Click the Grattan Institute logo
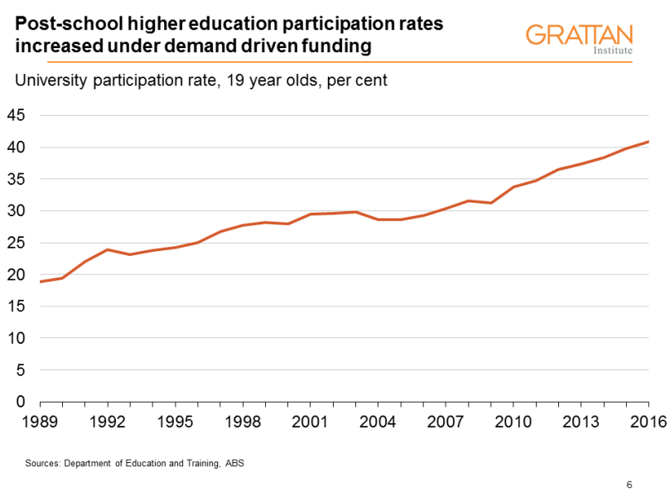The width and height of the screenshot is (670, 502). tap(579, 38)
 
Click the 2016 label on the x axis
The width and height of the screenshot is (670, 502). tap(648, 422)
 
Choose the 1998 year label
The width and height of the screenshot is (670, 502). tap(241, 422)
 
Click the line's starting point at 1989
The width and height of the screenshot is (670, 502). tap(41, 282)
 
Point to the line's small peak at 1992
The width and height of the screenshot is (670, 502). tap(108, 249)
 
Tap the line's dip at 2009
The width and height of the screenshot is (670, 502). tap(493, 203)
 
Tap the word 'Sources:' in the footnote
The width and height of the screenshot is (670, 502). tap(43, 463)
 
